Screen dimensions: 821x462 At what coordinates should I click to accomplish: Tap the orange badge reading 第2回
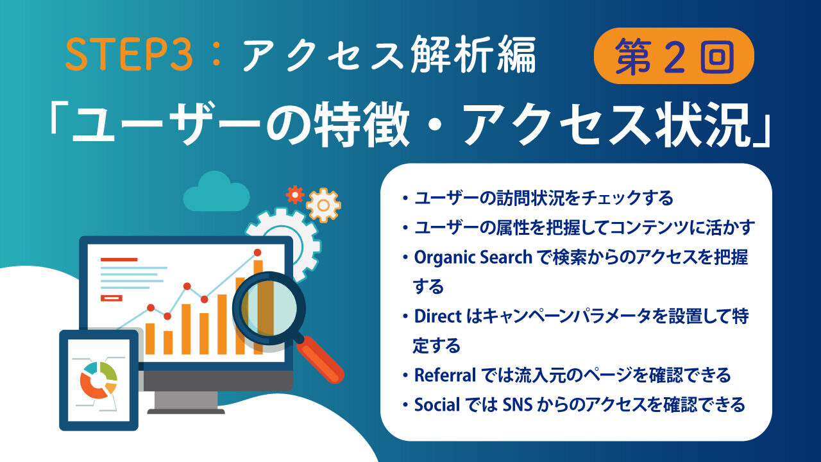pos(673,56)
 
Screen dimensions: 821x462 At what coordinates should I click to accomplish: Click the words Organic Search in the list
pos(473,257)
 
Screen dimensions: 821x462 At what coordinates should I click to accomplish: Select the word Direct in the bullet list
pos(437,316)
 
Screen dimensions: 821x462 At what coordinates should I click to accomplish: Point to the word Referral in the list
pos(444,375)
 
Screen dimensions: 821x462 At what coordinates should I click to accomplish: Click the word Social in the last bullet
pos(437,405)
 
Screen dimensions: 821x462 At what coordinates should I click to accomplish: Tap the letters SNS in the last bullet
pos(518,405)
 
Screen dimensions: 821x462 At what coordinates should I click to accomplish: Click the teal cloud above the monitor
pos(217,193)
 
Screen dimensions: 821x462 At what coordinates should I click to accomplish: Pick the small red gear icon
pos(295,194)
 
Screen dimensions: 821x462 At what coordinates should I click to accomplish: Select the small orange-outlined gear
pos(323,205)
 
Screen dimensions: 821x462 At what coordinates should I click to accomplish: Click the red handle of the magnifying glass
pos(320,359)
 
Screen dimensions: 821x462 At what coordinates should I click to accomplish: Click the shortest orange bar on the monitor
pos(168,343)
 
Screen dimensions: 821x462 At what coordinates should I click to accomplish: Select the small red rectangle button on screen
pos(112,298)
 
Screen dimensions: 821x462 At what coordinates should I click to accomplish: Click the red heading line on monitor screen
pos(119,260)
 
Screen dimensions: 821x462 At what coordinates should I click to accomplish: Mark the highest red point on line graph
pos(258,253)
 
